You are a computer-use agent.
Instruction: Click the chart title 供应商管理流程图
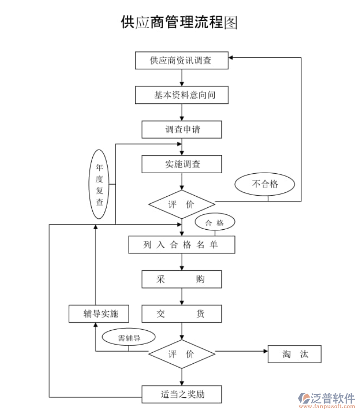tap(179, 22)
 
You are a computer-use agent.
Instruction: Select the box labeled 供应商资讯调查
tap(182, 60)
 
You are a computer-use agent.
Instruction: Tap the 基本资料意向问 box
tap(182, 95)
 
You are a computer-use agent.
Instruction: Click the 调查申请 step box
tap(182, 129)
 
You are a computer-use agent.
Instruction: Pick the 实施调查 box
tap(182, 164)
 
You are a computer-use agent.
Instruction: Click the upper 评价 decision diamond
tap(182, 204)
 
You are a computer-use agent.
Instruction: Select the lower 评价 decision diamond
tap(182, 354)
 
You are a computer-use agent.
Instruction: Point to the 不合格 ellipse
tap(264, 184)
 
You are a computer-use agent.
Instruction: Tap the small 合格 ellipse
tap(215, 223)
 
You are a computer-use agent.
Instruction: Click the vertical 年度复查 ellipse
tap(99, 184)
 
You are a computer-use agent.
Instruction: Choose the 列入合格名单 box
tap(182, 245)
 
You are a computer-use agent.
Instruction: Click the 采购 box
tap(182, 280)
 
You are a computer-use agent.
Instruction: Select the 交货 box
tap(182, 314)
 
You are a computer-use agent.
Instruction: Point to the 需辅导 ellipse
tap(129, 338)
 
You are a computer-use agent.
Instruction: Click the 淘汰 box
tap(294, 354)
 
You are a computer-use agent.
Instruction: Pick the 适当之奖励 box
tap(182, 395)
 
